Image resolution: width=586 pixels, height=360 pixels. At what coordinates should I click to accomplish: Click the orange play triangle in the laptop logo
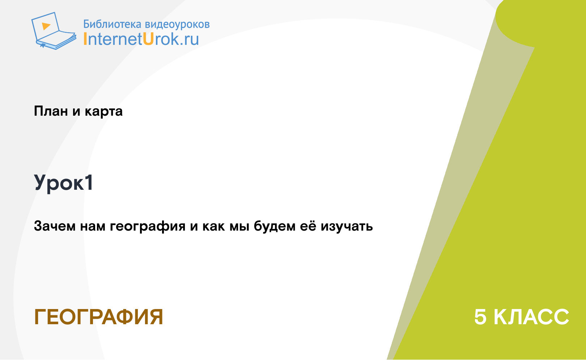[46, 26]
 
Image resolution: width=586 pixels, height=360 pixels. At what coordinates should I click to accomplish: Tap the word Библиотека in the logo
[112, 24]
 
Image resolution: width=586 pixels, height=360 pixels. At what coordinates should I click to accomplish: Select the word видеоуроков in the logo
[177, 24]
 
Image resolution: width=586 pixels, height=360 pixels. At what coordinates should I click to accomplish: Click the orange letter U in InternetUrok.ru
[148, 39]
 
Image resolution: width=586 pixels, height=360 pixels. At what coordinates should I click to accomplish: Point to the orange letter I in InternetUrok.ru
[85, 39]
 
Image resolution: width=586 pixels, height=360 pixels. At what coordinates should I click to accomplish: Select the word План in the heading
[51, 111]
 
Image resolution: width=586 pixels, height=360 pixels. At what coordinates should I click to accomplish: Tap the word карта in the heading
[103, 112]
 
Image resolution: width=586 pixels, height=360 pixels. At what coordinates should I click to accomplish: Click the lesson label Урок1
[63, 183]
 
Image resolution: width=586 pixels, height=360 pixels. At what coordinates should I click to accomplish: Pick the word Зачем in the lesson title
[55, 226]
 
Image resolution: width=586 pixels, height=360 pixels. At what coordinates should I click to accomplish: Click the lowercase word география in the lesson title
[148, 226]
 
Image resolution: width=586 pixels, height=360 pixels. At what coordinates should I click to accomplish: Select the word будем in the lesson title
[275, 226]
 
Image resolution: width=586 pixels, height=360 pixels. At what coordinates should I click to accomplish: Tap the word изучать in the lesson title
[347, 227]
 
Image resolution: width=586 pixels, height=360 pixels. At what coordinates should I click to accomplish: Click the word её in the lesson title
[308, 226]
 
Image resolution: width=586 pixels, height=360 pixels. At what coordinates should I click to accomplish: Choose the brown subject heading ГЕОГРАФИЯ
[98, 317]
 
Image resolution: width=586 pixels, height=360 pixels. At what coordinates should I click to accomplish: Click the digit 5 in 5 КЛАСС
[480, 317]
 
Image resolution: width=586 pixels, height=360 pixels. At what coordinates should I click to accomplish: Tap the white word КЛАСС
[531, 317]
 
